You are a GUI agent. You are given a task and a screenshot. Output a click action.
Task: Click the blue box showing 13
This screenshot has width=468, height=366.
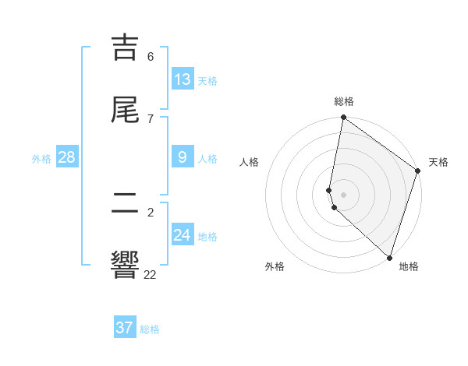(183, 79)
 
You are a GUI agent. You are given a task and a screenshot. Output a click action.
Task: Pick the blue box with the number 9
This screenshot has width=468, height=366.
(183, 157)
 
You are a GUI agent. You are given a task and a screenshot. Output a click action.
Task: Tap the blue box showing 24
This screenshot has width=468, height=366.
(183, 234)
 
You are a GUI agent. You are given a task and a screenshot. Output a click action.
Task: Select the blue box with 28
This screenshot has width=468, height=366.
(67, 157)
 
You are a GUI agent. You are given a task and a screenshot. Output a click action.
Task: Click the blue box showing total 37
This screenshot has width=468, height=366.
(125, 328)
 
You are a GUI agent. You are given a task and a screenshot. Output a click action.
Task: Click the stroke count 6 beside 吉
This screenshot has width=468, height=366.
(151, 57)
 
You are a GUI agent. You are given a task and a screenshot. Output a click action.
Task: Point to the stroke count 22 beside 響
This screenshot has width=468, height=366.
(150, 274)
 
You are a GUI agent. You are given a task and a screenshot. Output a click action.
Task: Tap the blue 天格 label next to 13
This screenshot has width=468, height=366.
(207, 81)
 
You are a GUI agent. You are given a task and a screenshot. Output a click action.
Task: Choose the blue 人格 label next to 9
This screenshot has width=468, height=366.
(207, 159)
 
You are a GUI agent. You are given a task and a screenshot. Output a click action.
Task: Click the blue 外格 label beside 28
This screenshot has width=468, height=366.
(41, 159)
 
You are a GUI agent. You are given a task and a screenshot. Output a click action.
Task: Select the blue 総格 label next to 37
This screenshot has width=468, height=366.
(150, 329)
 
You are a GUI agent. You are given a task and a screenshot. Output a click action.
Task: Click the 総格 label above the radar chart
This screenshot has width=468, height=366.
(344, 101)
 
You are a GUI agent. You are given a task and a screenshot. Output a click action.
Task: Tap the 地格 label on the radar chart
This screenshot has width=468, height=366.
(409, 267)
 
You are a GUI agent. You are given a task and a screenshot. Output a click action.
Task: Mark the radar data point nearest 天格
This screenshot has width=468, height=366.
(418, 172)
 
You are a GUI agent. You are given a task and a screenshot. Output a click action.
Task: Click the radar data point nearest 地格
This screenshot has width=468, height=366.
(388, 258)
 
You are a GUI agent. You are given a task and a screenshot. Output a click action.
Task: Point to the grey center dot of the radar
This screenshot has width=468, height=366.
(344, 194)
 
